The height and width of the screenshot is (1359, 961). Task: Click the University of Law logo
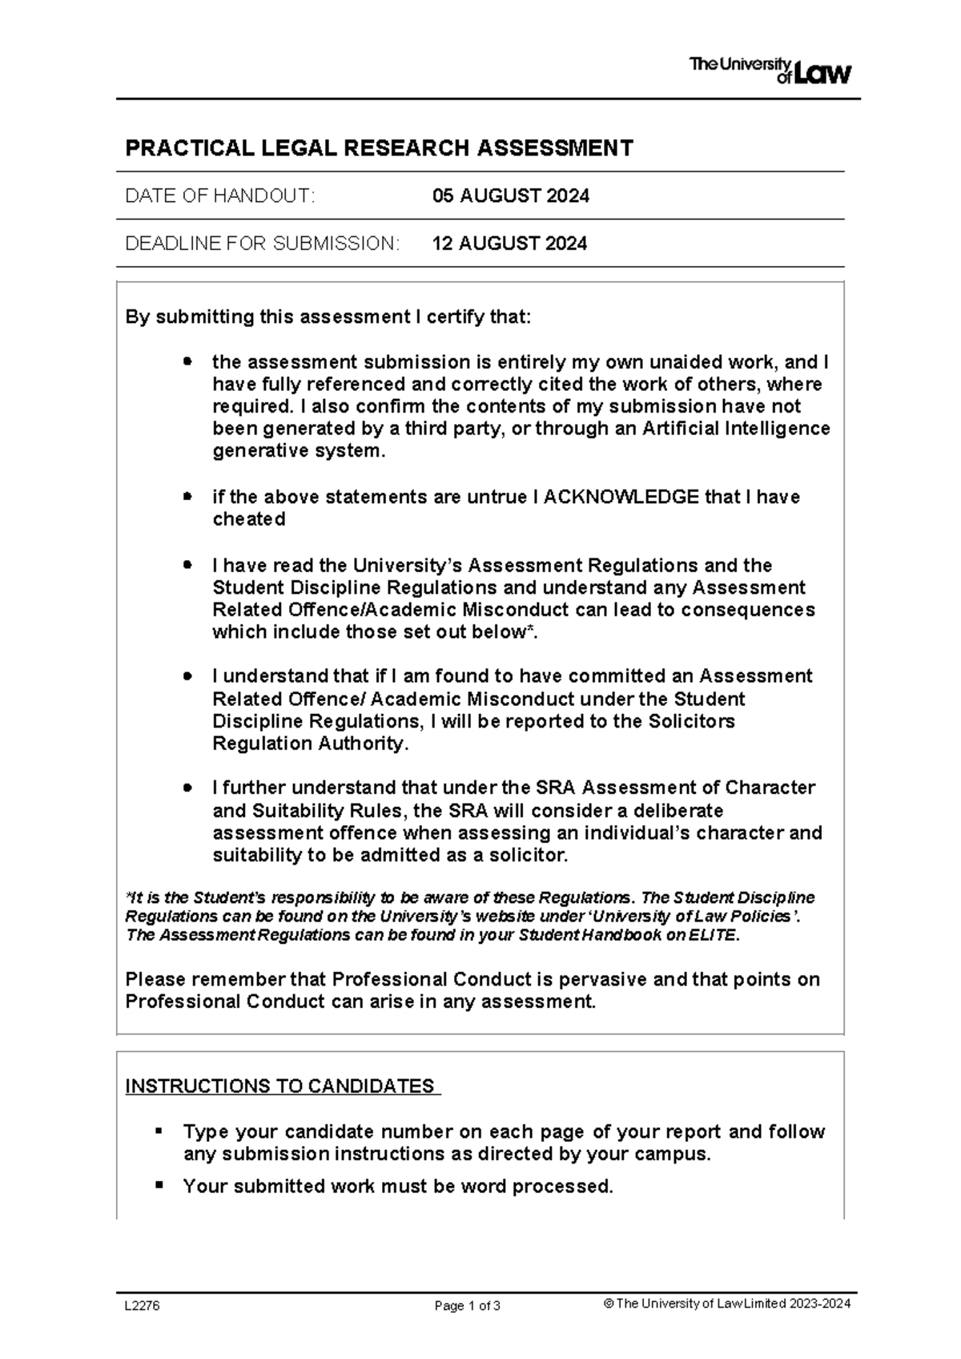(770, 71)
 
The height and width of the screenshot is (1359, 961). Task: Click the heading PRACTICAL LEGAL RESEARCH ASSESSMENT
(379, 148)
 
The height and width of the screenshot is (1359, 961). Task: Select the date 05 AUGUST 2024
(510, 196)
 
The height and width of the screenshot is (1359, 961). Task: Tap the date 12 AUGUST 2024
(509, 244)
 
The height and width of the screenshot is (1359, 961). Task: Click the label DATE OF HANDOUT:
(220, 196)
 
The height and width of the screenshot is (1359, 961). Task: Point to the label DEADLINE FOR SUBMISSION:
(262, 244)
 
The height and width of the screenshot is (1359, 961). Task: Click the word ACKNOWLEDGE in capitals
(621, 497)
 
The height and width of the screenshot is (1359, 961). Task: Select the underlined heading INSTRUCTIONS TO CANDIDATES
(282, 1087)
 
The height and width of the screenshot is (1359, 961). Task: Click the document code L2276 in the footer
(142, 1305)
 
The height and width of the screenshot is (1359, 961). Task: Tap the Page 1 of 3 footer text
(467, 1306)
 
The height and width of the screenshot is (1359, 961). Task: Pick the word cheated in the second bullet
(248, 519)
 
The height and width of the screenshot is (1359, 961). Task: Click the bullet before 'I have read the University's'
(187, 565)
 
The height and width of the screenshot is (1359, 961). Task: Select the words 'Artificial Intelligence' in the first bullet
(736, 429)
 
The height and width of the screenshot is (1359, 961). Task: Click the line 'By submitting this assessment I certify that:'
(328, 317)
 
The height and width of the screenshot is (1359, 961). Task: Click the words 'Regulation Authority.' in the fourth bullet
(310, 744)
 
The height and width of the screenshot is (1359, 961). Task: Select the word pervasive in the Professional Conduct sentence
(601, 980)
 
